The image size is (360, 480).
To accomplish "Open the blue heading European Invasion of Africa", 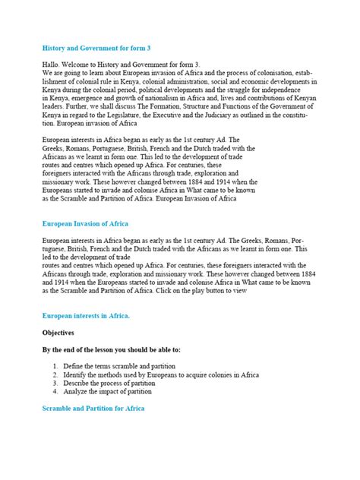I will pos(85,225).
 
